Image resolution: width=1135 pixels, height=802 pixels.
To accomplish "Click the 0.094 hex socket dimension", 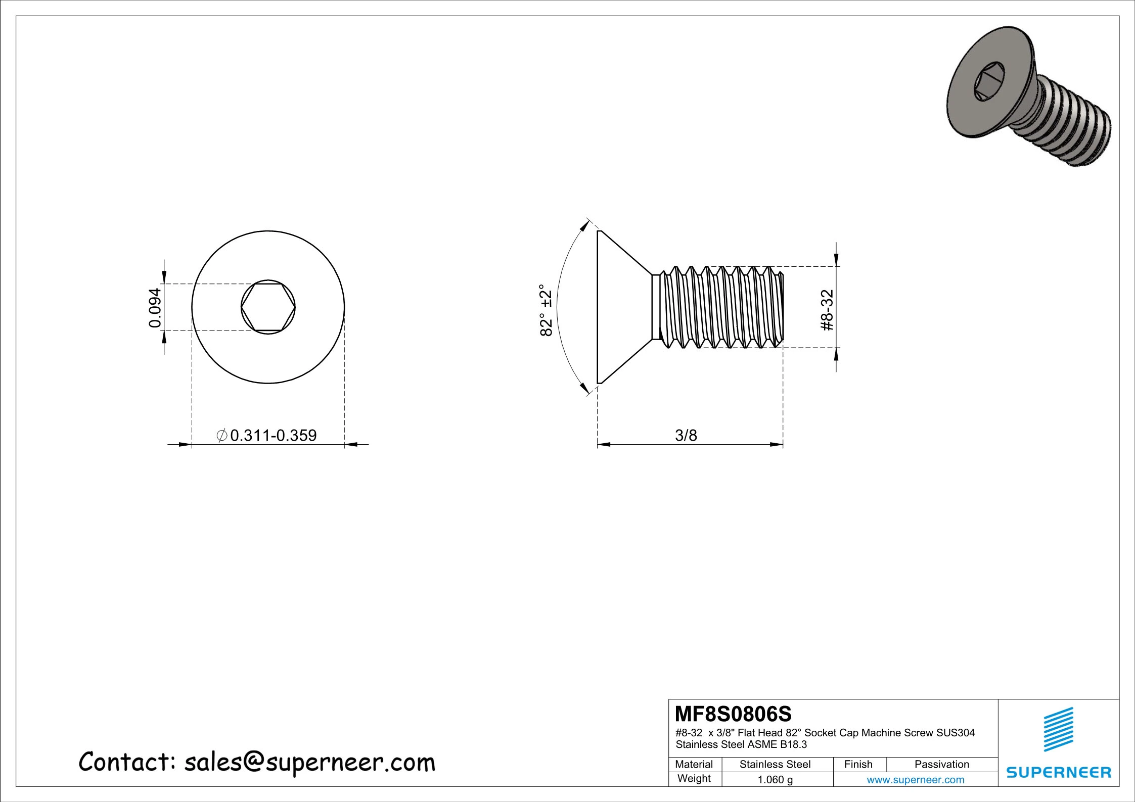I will (155, 307).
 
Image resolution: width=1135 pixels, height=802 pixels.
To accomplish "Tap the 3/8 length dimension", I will (686, 435).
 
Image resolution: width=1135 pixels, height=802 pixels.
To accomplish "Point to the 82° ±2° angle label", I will (546, 310).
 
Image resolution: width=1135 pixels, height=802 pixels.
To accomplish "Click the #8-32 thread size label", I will (827, 310).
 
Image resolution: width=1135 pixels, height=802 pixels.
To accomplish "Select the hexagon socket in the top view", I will (268, 307).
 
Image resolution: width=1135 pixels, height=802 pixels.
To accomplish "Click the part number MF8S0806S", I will (733, 714).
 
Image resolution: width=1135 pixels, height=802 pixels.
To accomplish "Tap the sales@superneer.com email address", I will (309, 762).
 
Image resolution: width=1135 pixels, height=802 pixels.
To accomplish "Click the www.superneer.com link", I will (915, 780).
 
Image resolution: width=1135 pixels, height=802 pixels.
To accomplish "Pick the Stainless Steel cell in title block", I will (775, 765).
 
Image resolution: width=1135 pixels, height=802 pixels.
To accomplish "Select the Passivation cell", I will (941, 765).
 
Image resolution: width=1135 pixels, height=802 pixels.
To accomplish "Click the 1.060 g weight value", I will (775, 780).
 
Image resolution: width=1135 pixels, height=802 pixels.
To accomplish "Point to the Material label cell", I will (694, 765).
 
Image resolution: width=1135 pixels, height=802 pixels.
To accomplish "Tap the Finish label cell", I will (858, 765).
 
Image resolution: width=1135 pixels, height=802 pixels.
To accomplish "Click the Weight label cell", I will (694, 779).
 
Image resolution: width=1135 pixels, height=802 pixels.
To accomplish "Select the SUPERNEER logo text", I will (1058, 773).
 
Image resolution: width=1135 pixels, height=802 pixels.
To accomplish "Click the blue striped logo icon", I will (1058, 729).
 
